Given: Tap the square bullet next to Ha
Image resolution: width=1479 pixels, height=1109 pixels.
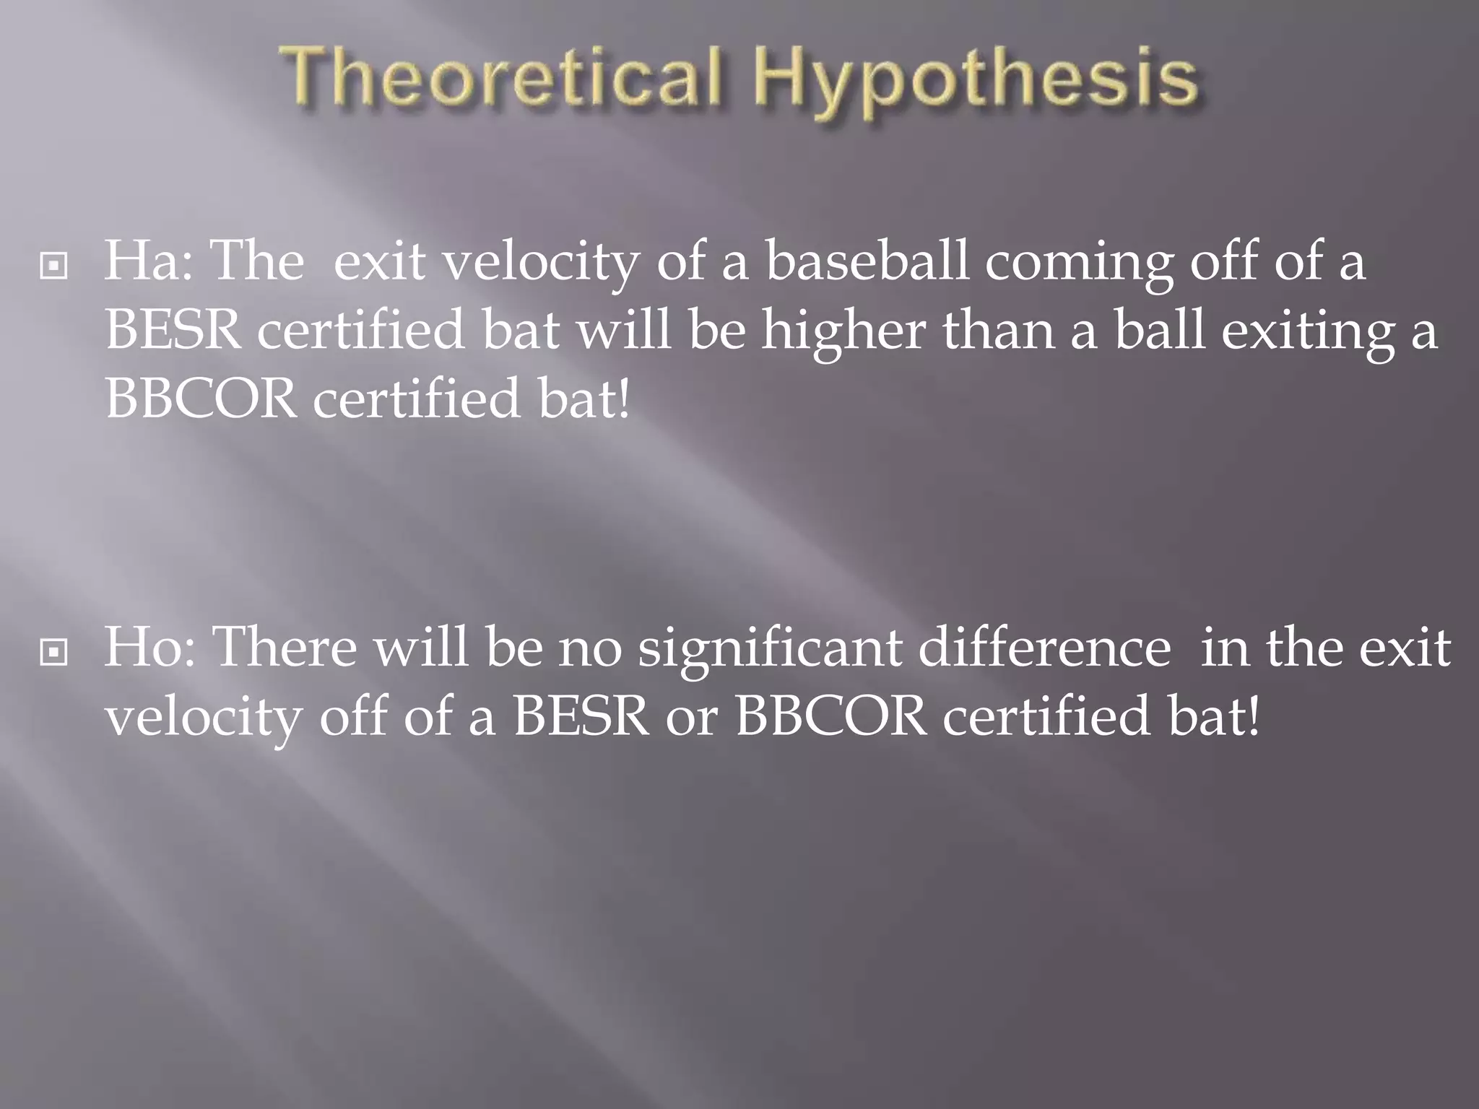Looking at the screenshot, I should [x=54, y=266].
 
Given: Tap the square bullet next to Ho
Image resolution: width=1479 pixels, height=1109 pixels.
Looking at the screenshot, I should [x=54, y=653].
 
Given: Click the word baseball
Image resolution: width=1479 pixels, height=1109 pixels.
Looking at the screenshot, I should [x=867, y=261].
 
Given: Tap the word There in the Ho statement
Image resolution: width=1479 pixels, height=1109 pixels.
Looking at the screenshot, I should [x=285, y=648].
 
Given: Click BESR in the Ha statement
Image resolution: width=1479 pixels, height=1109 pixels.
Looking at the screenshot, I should [x=173, y=331].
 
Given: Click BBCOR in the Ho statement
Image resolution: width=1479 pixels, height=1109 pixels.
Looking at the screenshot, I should [x=830, y=717].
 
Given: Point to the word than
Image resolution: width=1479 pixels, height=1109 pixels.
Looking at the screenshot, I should [x=997, y=331].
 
